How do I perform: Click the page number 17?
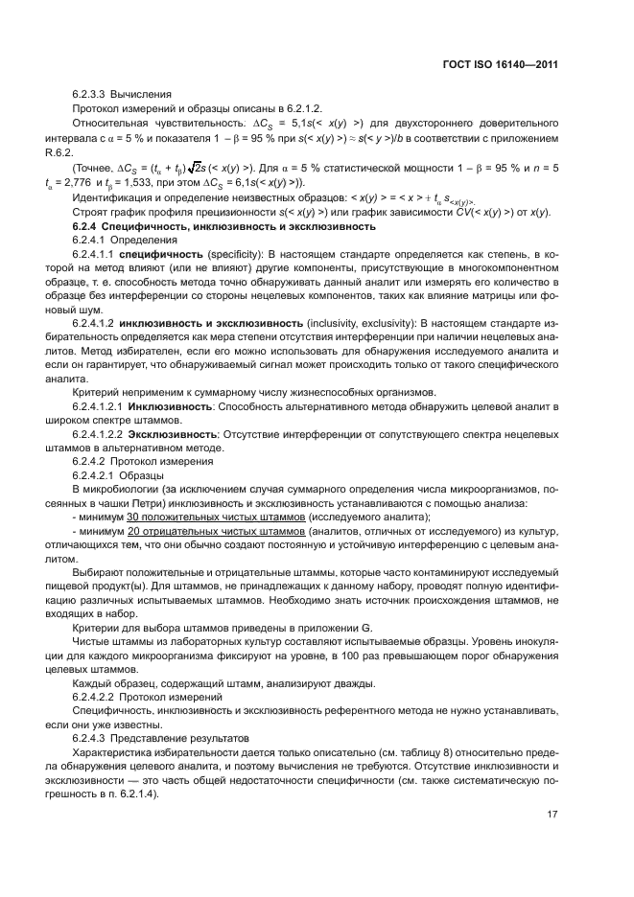(x=552, y=816)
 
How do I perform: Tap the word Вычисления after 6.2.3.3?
(x=143, y=95)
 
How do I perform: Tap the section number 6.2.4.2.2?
(x=95, y=696)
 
